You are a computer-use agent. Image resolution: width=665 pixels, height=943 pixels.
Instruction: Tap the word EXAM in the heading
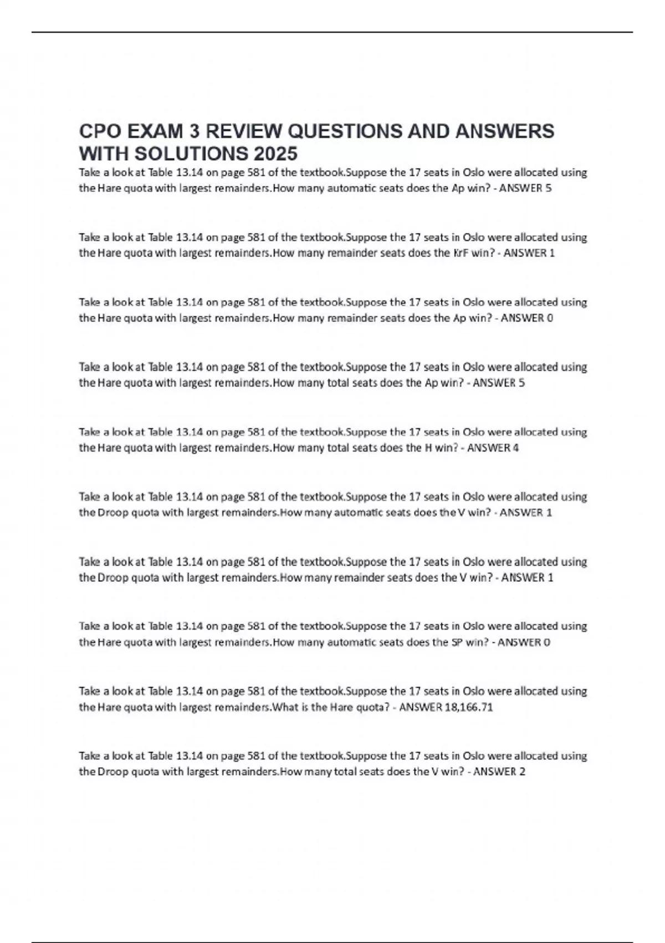pyautogui.click(x=156, y=131)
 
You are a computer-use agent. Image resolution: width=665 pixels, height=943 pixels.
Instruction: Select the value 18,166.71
pyautogui.click(x=469, y=707)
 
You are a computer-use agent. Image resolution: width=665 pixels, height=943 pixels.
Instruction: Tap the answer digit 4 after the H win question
pyautogui.click(x=516, y=448)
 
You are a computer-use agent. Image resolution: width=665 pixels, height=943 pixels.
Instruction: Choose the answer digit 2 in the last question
pyautogui.click(x=522, y=772)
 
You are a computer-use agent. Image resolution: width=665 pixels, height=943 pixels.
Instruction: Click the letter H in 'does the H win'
pyautogui.click(x=428, y=448)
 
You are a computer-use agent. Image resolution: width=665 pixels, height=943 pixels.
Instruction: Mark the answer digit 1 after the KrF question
pyautogui.click(x=552, y=253)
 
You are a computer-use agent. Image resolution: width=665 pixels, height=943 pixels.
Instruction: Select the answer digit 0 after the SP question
pyautogui.click(x=547, y=642)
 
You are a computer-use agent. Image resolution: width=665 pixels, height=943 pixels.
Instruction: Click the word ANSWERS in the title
pyautogui.click(x=504, y=131)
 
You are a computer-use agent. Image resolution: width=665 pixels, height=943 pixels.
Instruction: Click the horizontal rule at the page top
pyautogui.click(x=332, y=32)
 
